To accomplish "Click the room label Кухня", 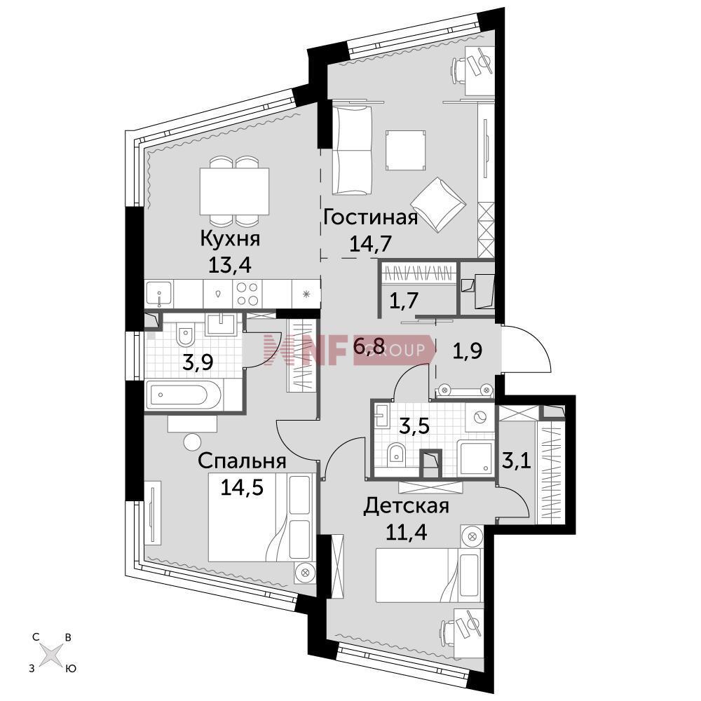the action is click(230, 239).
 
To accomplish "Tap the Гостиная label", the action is click(370, 217).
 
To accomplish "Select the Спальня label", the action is click(242, 461).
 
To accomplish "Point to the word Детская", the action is click(406, 507).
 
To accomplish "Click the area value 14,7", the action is click(371, 244).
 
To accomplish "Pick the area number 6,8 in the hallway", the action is click(369, 346).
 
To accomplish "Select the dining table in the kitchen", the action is click(234, 191).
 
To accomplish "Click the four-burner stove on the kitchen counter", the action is click(247, 294).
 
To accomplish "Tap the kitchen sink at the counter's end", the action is click(159, 294).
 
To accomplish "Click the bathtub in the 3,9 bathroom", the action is click(183, 395).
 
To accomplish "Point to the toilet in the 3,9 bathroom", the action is click(184, 334).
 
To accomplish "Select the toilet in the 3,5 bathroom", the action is click(395, 454).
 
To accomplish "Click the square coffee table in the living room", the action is click(405, 150).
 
